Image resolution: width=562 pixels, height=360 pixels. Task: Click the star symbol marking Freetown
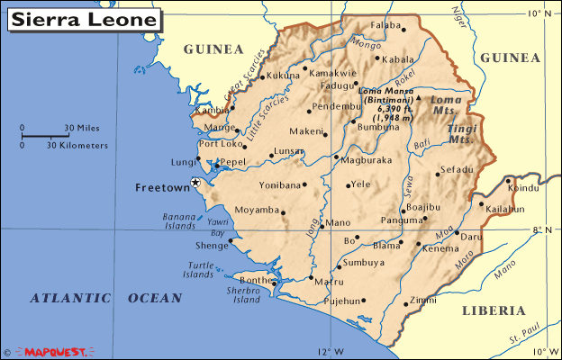[x=195, y=183]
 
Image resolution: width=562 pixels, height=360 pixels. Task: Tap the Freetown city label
[x=161, y=189]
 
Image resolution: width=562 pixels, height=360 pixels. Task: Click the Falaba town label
[x=385, y=25]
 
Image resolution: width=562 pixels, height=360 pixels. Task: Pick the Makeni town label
[x=306, y=131]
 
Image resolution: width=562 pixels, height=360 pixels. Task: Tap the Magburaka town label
[x=365, y=159]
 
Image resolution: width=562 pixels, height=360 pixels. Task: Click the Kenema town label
[x=440, y=247]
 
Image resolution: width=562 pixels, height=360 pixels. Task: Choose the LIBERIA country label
[x=493, y=310]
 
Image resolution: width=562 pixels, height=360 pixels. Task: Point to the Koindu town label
[x=522, y=188]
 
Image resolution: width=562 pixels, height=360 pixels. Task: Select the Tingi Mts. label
[x=461, y=135]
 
